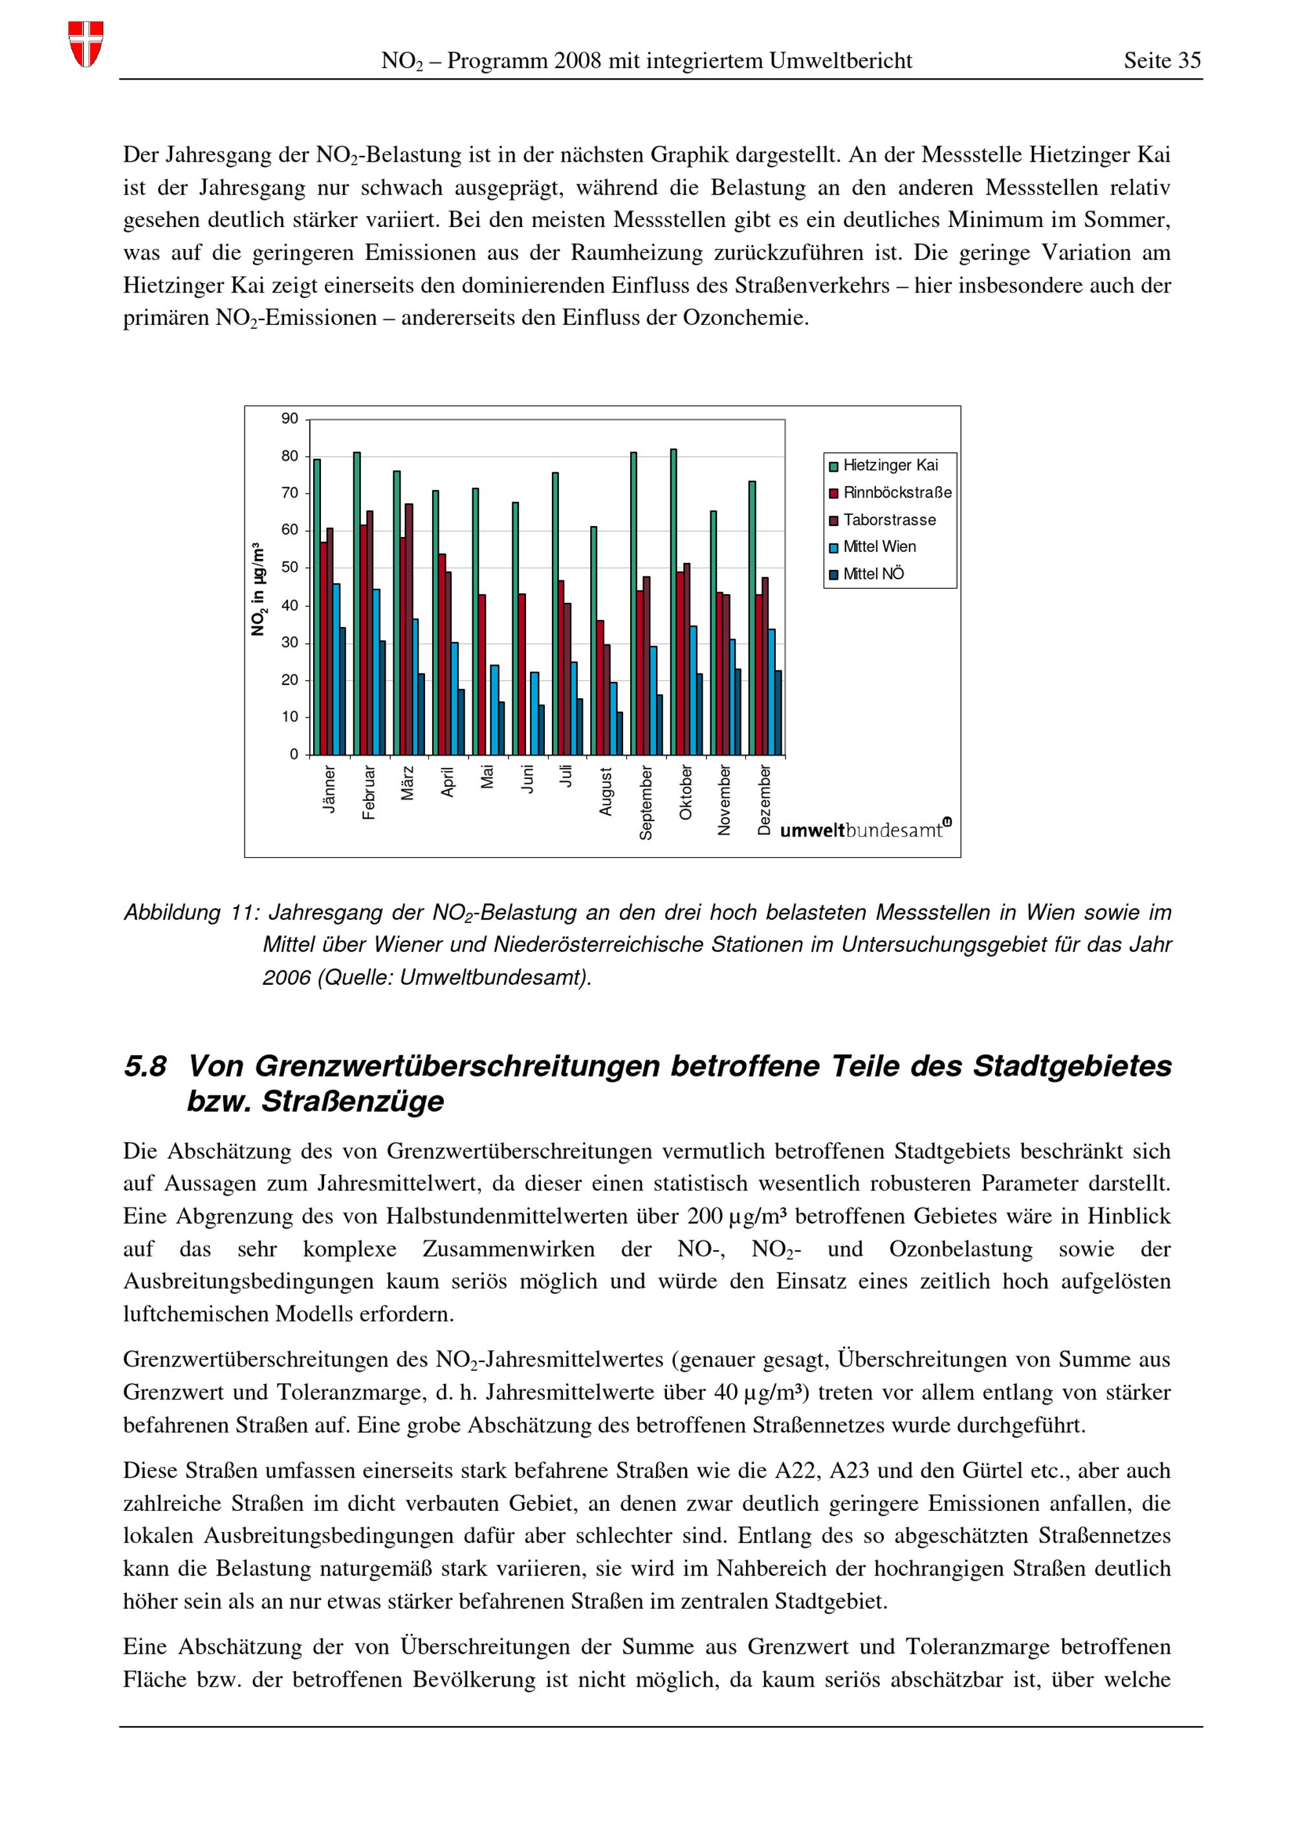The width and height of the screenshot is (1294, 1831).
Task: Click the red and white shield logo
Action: [85, 44]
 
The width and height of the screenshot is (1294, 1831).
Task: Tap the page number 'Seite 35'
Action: [1161, 61]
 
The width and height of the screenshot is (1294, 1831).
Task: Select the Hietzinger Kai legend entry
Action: [890, 466]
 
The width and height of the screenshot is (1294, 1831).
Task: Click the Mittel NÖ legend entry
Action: [873, 574]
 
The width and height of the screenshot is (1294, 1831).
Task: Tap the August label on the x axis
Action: [606, 792]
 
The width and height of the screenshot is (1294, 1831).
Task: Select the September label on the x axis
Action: [646, 802]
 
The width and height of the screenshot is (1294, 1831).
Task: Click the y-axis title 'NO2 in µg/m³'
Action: [258, 590]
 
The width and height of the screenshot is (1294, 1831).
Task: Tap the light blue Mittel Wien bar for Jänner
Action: [336, 669]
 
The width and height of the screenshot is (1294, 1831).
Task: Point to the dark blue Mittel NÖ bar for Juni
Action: [542, 730]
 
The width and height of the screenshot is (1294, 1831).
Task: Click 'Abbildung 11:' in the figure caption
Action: [192, 913]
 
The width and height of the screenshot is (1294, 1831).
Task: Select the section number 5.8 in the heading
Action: [145, 1067]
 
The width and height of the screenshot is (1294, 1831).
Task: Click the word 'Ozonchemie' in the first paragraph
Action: [745, 318]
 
